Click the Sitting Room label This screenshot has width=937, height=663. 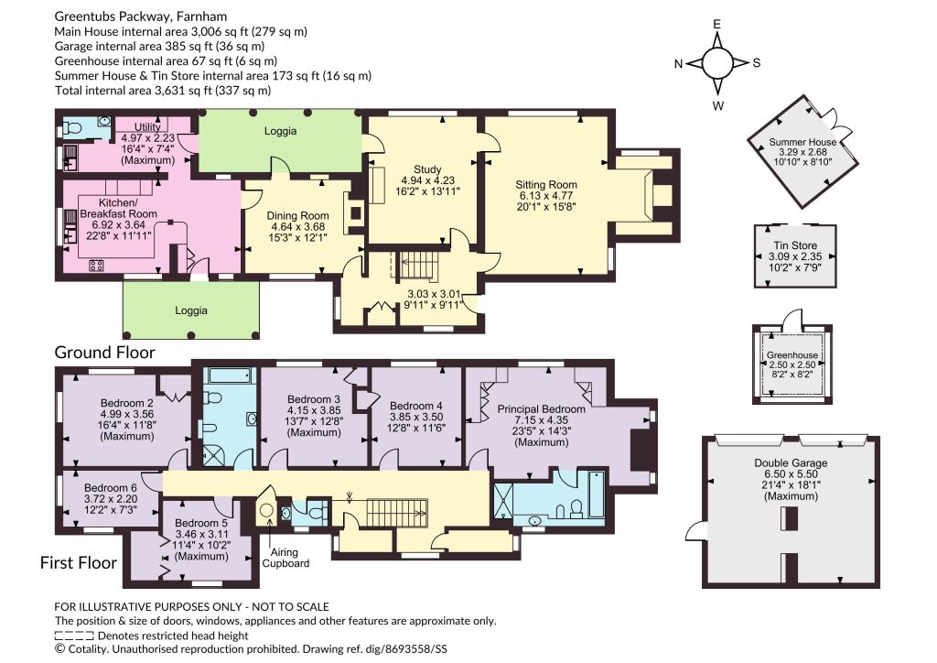tap(546, 185)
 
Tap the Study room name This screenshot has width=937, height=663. tap(427, 169)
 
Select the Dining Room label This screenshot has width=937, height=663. tap(297, 216)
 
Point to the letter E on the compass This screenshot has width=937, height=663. tap(717, 25)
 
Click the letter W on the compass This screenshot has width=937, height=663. tap(717, 106)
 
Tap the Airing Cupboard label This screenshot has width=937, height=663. tap(285, 558)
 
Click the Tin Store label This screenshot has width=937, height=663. tap(795, 245)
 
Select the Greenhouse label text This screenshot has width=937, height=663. tap(792, 354)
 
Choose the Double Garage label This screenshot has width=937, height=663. tap(791, 462)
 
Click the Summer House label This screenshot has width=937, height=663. tap(802, 142)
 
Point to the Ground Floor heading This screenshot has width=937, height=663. tap(104, 353)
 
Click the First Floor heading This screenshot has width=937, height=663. tap(79, 562)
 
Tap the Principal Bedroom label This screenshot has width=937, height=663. tap(542, 409)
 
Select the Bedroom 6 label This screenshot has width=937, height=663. tap(111, 488)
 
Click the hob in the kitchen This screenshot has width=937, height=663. tap(96, 265)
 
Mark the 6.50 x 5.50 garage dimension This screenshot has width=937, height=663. tap(791, 474)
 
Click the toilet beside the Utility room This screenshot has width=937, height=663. tap(72, 128)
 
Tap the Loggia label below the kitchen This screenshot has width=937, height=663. tap(191, 310)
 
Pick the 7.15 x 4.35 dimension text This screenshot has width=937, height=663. tap(542, 420)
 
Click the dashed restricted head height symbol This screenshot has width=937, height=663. tap(74, 636)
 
